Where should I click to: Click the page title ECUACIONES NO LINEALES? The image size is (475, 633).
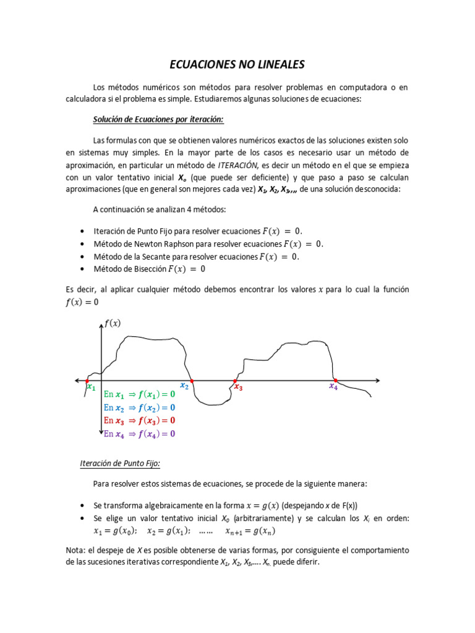(237, 65)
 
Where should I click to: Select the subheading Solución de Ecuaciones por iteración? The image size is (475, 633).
(158, 119)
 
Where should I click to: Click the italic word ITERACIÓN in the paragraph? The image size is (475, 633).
(237, 165)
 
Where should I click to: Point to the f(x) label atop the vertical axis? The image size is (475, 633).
(113, 323)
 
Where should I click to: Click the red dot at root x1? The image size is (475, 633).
(87, 380)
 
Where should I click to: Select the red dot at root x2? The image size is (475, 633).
(191, 380)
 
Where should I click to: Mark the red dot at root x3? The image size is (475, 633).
(235, 380)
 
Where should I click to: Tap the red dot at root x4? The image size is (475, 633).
(335, 380)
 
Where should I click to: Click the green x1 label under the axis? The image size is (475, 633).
(92, 388)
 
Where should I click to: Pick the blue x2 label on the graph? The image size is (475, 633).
(184, 386)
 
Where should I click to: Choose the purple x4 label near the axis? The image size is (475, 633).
(333, 387)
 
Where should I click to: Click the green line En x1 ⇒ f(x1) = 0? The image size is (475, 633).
(139, 394)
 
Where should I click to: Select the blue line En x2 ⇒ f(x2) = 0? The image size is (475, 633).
(139, 408)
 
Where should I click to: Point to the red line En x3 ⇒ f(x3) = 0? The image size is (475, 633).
(139, 421)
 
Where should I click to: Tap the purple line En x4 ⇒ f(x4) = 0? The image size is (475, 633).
(139, 434)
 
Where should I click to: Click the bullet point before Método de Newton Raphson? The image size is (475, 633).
(82, 244)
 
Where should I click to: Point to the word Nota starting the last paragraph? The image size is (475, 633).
(75, 550)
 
